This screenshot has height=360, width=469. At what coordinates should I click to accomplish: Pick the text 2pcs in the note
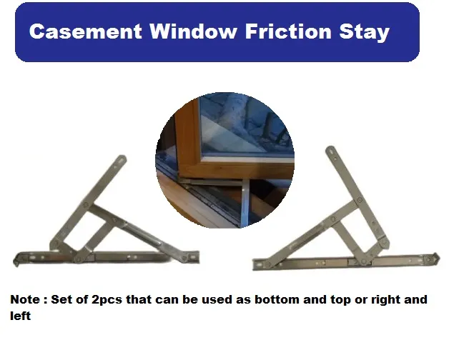(112, 299)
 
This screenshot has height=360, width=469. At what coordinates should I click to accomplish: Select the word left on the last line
(20, 315)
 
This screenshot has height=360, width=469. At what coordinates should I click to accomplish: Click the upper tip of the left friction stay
(122, 159)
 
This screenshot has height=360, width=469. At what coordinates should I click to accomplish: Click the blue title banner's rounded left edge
(21, 32)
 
